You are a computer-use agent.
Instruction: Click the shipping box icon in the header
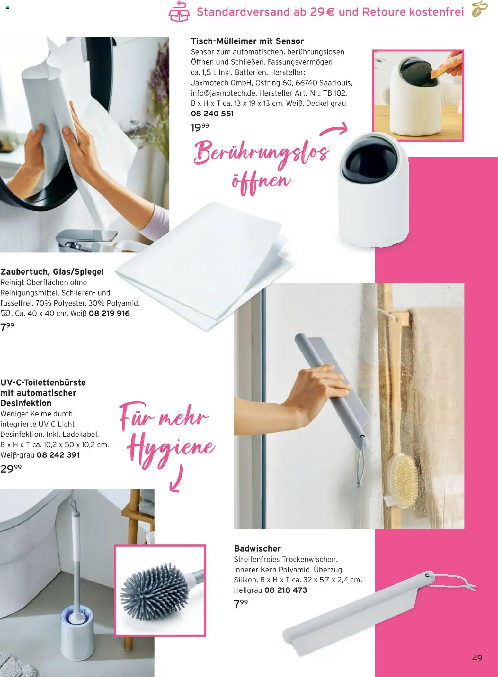click(x=179, y=12)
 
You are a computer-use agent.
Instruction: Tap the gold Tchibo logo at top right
click(x=480, y=10)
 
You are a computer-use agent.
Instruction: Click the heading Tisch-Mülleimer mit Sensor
click(x=247, y=41)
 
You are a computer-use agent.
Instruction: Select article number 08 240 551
click(x=212, y=114)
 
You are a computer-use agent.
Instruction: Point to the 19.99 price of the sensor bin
click(x=200, y=127)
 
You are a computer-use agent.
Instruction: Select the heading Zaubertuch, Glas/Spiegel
click(x=52, y=272)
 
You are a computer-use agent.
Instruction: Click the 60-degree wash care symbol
click(x=5, y=313)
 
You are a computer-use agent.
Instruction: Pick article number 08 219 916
click(x=109, y=313)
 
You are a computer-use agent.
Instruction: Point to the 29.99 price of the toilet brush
click(x=11, y=469)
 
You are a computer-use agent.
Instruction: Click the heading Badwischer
click(x=257, y=548)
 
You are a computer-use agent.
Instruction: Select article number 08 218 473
click(x=286, y=590)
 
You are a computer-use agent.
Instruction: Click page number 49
click(x=477, y=658)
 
